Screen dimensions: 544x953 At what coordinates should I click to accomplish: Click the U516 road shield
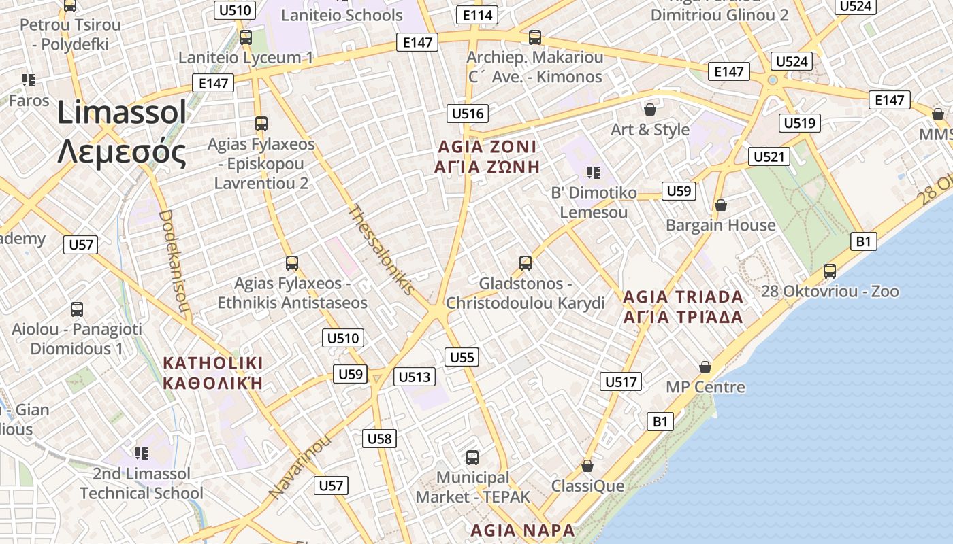(x=468, y=114)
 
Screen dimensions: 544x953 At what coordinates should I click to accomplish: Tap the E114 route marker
(x=478, y=15)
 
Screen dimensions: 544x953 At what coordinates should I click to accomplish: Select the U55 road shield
(x=462, y=357)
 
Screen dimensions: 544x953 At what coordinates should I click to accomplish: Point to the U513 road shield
(x=415, y=377)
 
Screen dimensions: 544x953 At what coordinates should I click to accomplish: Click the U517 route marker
(x=621, y=381)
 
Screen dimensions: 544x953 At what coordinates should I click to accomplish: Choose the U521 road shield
(x=770, y=156)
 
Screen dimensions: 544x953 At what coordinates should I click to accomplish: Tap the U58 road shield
(x=379, y=439)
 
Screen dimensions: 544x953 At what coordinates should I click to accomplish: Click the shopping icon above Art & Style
(x=650, y=109)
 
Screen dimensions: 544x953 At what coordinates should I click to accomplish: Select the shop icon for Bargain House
(x=721, y=205)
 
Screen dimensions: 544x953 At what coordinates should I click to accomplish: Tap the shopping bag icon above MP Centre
(x=705, y=367)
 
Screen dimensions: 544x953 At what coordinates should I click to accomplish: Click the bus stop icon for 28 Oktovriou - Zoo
(x=830, y=271)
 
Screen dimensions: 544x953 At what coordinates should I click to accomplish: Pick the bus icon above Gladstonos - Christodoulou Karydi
(x=525, y=262)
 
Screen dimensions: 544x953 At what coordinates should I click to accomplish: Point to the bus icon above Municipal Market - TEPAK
(x=472, y=457)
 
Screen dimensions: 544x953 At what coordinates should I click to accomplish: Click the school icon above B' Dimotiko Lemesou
(x=593, y=173)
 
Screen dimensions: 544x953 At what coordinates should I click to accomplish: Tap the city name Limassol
(x=122, y=112)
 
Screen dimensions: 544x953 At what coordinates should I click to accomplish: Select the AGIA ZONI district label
(x=487, y=147)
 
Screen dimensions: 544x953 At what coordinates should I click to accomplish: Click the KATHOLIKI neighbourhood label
(x=213, y=363)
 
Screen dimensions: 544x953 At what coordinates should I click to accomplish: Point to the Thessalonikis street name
(x=381, y=250)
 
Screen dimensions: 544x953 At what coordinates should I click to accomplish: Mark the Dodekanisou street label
(x=174, y=262)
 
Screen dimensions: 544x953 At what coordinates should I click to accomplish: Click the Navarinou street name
(x=300, y=465)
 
